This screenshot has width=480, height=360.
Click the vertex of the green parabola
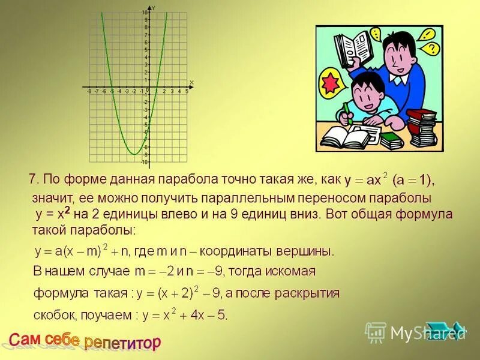pos(134,154)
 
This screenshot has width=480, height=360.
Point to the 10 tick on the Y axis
pos(145,13)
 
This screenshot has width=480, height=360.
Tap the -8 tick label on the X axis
pos(89,92)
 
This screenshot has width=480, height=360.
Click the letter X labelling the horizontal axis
pos(191,82)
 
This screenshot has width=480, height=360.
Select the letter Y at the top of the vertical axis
pos(154,7)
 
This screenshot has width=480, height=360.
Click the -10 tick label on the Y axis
pos(144,162)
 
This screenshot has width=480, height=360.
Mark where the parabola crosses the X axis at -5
pos(112,88)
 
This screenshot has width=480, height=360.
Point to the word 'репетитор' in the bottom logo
pos(123,343)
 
